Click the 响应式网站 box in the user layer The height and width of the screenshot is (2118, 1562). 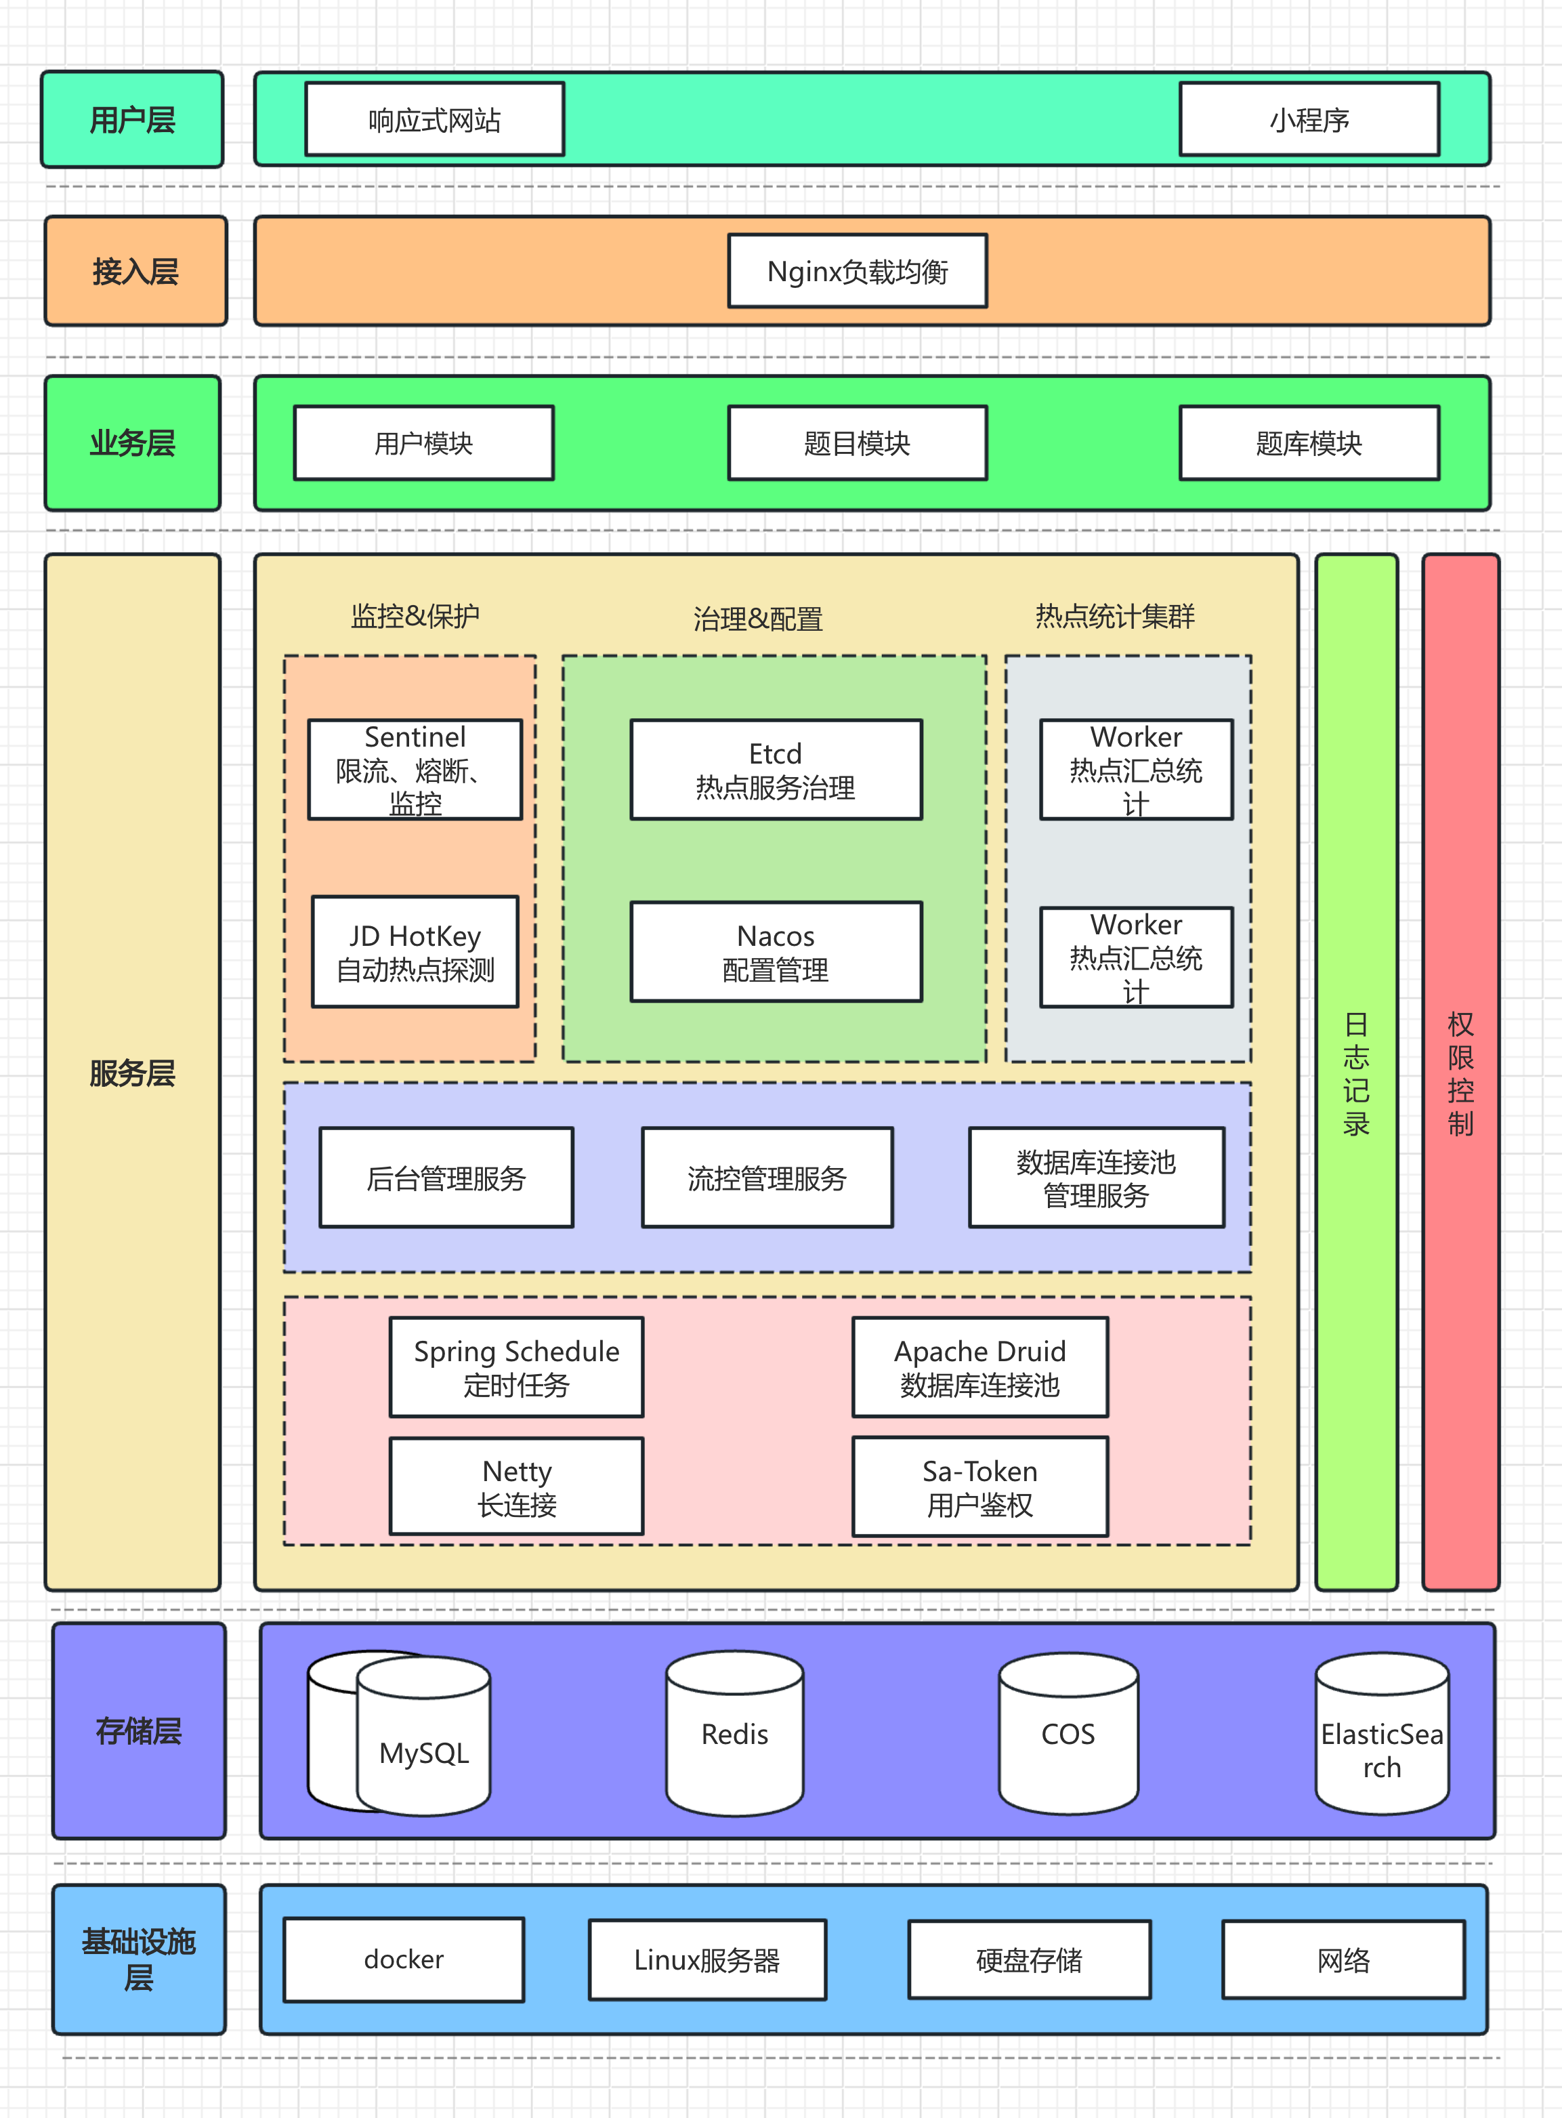pyautogui.click(x=435, y=119)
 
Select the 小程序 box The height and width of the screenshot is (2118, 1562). pyautogui.click(x=1309, y=119)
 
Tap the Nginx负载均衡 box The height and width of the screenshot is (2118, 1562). pyautogui.click(x=858, y=272)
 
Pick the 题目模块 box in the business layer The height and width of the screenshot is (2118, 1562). pyautogui.click(x=858, y=442)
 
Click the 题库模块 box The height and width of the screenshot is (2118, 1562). pyautogui.click(x=1309, y=442)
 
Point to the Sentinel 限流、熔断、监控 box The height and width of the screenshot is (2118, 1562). pyautogui.click(x=415, y=770)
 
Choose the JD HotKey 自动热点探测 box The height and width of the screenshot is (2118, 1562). pyautogui.click(x=415, y=952)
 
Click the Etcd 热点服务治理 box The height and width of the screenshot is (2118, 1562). pyautogui.click(x=776, y=770)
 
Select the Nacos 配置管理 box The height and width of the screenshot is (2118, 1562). pyautogui.click(x=776, y=952)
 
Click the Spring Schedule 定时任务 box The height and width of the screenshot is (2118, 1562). pyautogui.click(x=516, y=1367)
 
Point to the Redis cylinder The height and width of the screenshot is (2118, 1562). pyautogui.click(x=735, y=1733)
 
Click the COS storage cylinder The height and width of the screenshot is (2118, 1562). pyautogui.click(x=1068, y=1733)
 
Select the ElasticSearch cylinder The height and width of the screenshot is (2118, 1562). pyautogui.click(x=1382, y=1733)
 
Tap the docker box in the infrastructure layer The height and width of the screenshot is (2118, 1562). pyautogui.click(x=404, y=1959)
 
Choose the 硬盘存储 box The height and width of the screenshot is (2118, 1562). pyautogui.click(x=1030, y=1959)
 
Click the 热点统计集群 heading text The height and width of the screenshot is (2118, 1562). pyautogui.click(x=1115, y=617)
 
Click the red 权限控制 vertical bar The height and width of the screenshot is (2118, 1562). pyautogui.click(x=1461, y=1073)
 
